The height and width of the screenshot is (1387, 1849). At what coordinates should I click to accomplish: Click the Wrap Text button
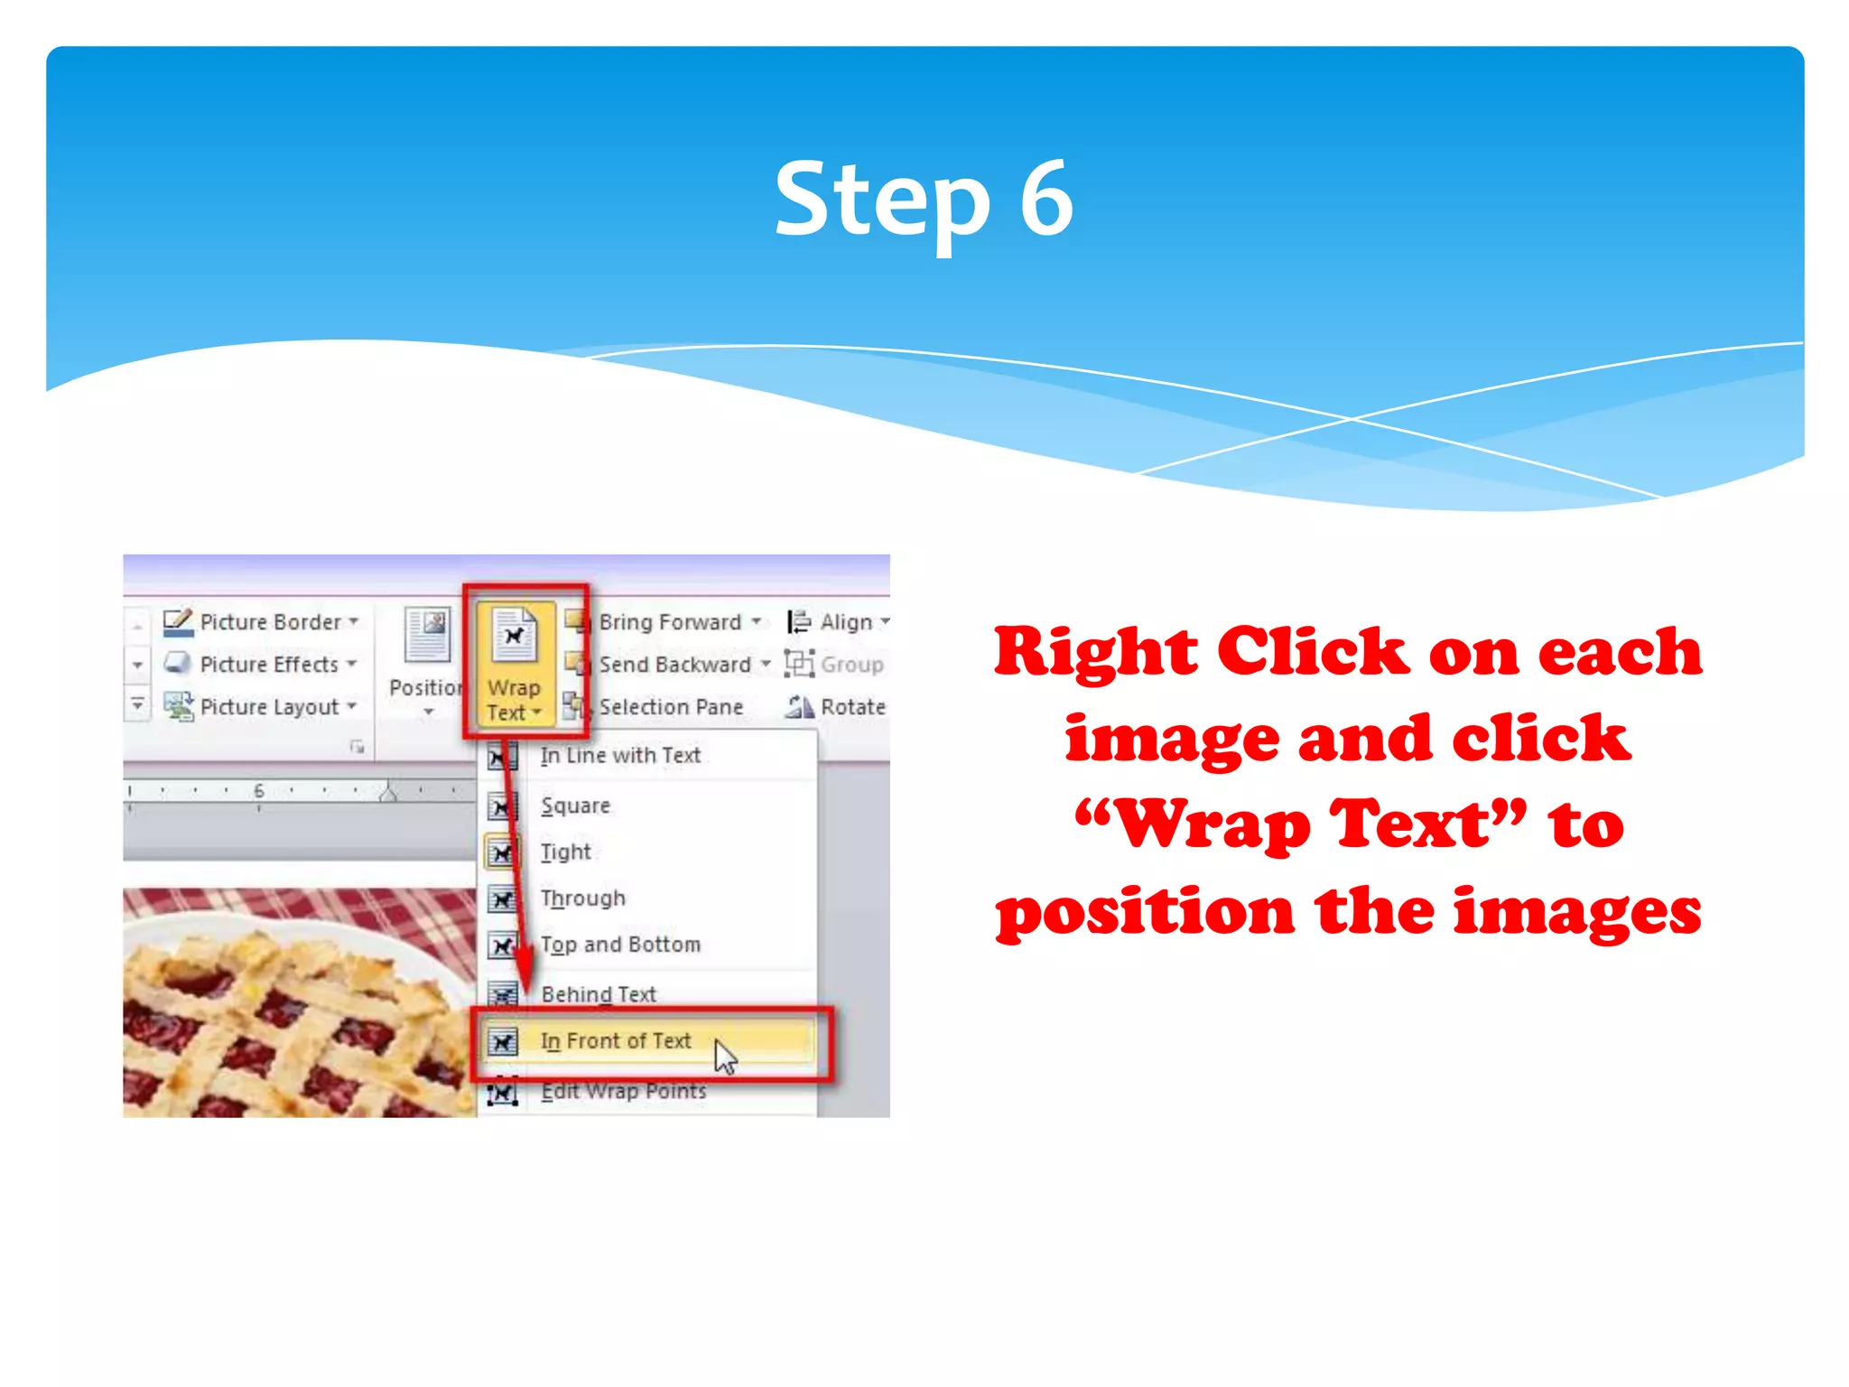click(514, 665)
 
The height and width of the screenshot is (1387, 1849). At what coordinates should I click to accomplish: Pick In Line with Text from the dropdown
click(620, 756)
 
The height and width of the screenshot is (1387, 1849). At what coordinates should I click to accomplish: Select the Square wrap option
click(576, 805)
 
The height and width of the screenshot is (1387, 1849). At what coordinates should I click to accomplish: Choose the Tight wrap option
click(566, 852)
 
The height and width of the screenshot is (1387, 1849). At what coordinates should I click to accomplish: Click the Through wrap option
click(583, 898)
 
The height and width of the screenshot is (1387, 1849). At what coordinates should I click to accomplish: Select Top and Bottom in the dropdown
click(620, 945)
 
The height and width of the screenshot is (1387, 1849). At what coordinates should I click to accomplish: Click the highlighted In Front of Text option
click(616, 1041)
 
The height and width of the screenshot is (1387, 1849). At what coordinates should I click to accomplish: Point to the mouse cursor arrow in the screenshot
click(725, 1057)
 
